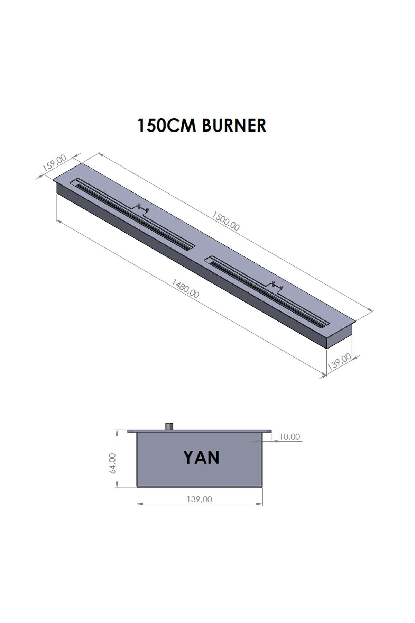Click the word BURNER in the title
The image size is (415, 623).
pos(234,125)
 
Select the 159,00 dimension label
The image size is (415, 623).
pos(54,163)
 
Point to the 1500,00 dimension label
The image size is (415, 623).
pos(225,222)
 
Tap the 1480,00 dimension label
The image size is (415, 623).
pos(185,289)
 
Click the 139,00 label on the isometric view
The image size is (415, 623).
pos(339,362)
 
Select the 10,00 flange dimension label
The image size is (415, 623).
pos(289,437)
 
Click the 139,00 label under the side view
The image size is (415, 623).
pos(199,499)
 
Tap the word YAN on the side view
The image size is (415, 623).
pos(201,458)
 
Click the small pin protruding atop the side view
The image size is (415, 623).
pos(170,426)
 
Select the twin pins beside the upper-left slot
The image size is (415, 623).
pos(143,208)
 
